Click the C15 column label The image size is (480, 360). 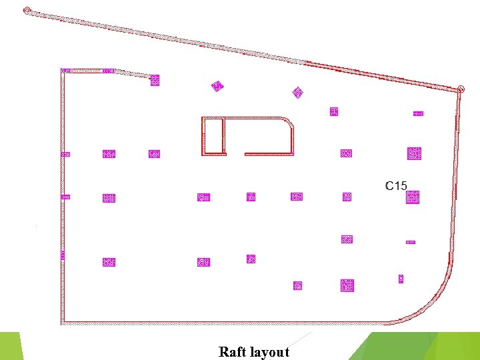(x=396, y=185)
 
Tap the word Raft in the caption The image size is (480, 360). (x=233, y=351)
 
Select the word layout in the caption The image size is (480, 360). (x=270, y=352)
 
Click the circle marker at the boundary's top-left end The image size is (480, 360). (x=27, y=11)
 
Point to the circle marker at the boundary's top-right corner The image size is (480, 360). (x=461, y=89)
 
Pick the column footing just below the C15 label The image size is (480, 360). (x=413, y=197)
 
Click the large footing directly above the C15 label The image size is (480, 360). (x=414, y=153)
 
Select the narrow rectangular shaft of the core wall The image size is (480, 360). (x=213, y=136)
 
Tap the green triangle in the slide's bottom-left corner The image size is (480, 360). (x=10, y=346)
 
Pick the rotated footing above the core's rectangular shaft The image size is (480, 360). (x=217, y=86)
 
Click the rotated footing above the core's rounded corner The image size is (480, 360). (x=298, y=92)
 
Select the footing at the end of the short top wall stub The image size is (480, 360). (x=155, y=81)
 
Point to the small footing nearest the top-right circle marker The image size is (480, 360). (x=418, y=113)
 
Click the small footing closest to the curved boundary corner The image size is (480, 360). (x=401, y=279)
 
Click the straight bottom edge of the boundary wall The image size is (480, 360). (x=220, y=324)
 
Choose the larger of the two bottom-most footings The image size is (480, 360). (x=347, y=285)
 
